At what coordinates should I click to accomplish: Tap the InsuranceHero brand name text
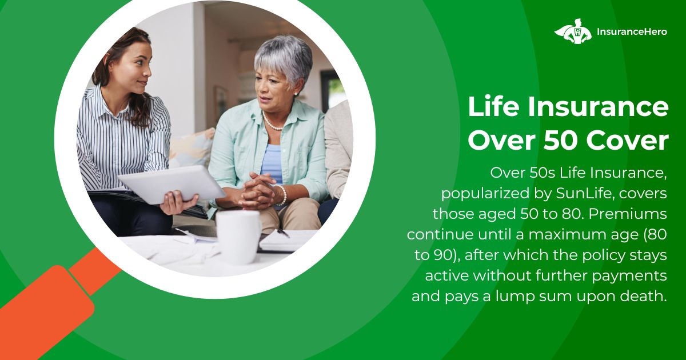click(x=632, y=32)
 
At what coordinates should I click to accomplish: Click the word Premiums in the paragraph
click(x=628, y=214)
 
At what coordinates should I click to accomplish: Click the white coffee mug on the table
click(x=238, y=237)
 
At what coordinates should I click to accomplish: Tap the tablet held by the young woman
click(x=171, y=185)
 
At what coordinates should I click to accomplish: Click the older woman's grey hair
click(x=284, y=58)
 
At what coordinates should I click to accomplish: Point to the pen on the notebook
click(x=284, y=233)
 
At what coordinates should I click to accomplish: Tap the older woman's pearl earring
click(x=296, y=94)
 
